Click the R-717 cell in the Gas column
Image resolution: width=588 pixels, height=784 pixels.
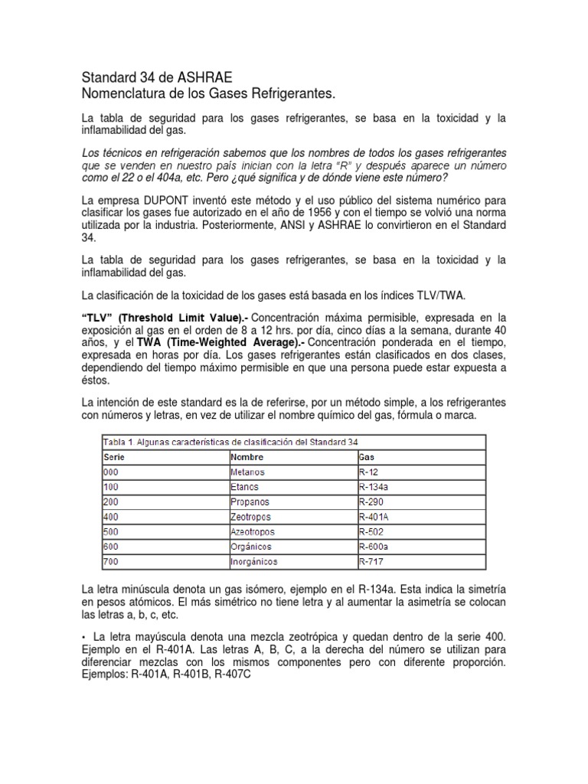point(373,561)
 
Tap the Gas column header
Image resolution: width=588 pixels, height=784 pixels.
point(367,456)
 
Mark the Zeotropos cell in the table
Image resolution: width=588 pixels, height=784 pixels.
point(252,516)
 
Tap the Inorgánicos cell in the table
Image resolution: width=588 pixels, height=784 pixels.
point(256,561)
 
